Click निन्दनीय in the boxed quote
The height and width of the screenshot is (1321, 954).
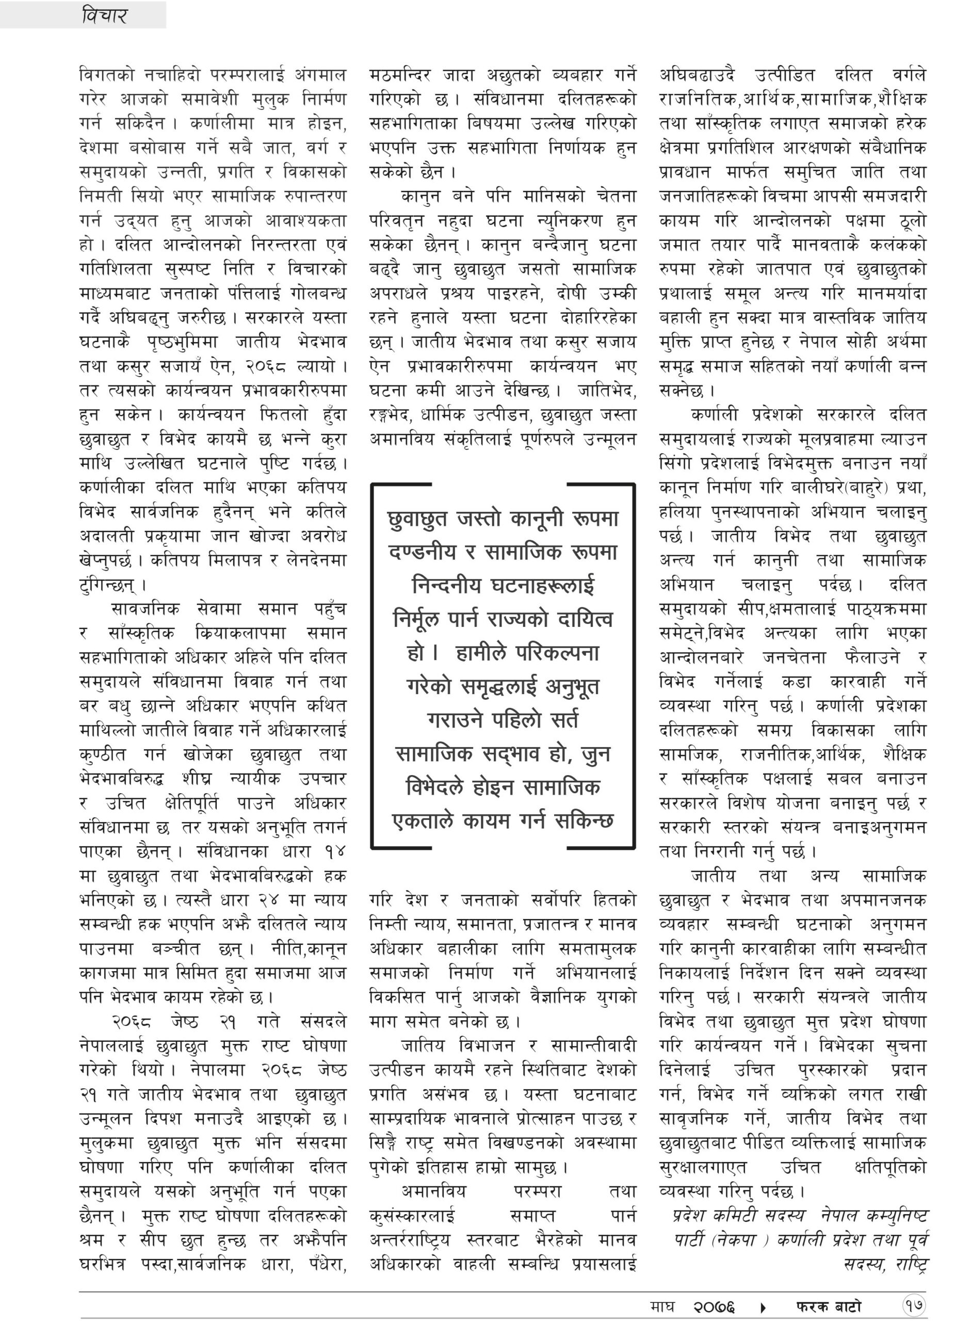[447, 585]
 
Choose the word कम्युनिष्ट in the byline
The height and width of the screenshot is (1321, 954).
[896, 1216]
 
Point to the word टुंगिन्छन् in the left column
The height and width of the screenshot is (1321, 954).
[112, 584]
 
